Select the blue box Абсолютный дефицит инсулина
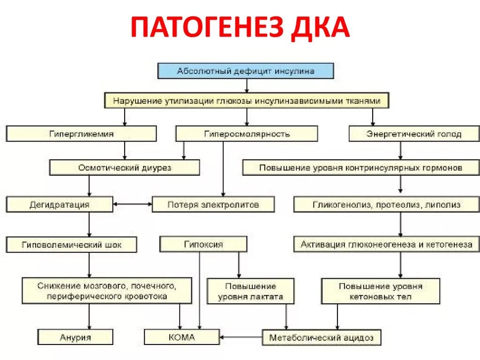(246, 71)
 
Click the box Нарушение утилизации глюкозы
(247, 101)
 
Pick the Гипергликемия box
(82, 134)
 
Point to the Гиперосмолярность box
(247, 134)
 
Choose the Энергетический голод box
(413, 134)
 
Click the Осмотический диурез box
(124, 167)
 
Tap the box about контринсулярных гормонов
(360, 167)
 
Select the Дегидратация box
(59, 204)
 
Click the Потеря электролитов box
(213, 204)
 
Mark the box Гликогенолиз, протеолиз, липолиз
(386, 204)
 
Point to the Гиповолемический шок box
(71, 244)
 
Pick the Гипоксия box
(203, 244)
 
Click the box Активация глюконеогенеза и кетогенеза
(386, 244)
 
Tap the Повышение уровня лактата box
(250, 291)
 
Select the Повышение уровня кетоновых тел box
(380, 291)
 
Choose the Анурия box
(75, 337)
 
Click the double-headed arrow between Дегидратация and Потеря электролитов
(133, 204)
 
